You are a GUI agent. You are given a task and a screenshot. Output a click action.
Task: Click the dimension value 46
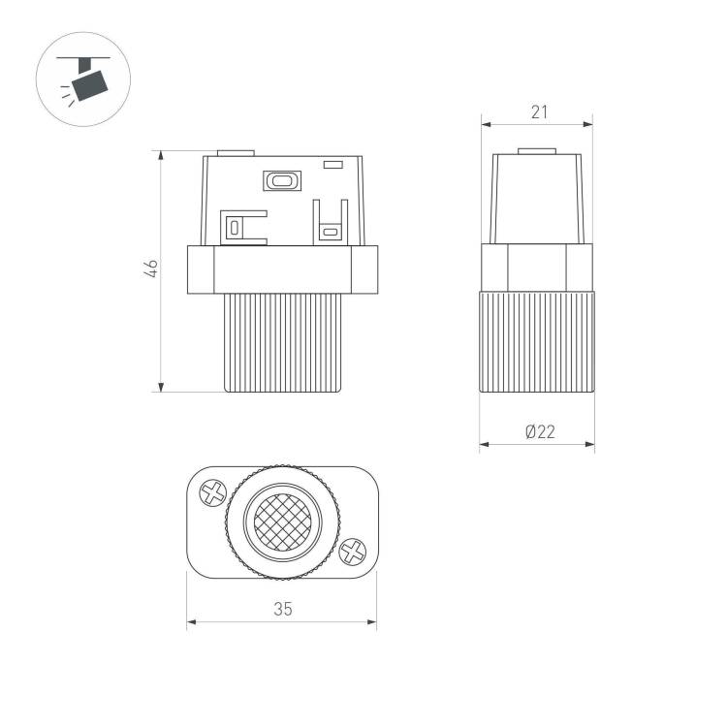[151, 269]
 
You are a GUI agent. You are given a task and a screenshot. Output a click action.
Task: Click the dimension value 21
[539, 112]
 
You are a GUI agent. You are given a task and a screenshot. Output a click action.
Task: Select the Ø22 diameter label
[540, 431]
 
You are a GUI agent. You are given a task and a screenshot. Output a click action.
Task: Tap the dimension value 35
[283, 609]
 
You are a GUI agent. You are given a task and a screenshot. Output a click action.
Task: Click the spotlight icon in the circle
[83, 79]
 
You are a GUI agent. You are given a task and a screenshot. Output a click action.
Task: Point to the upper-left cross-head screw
[213, 492]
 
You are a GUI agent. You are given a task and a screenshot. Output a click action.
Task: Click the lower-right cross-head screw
[353, 552]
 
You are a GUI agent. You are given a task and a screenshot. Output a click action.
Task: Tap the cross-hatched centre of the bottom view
[282, 522]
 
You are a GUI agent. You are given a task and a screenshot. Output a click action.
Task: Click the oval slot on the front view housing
[282, 180]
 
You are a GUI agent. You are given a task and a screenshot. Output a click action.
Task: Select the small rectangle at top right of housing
[332, 165]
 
